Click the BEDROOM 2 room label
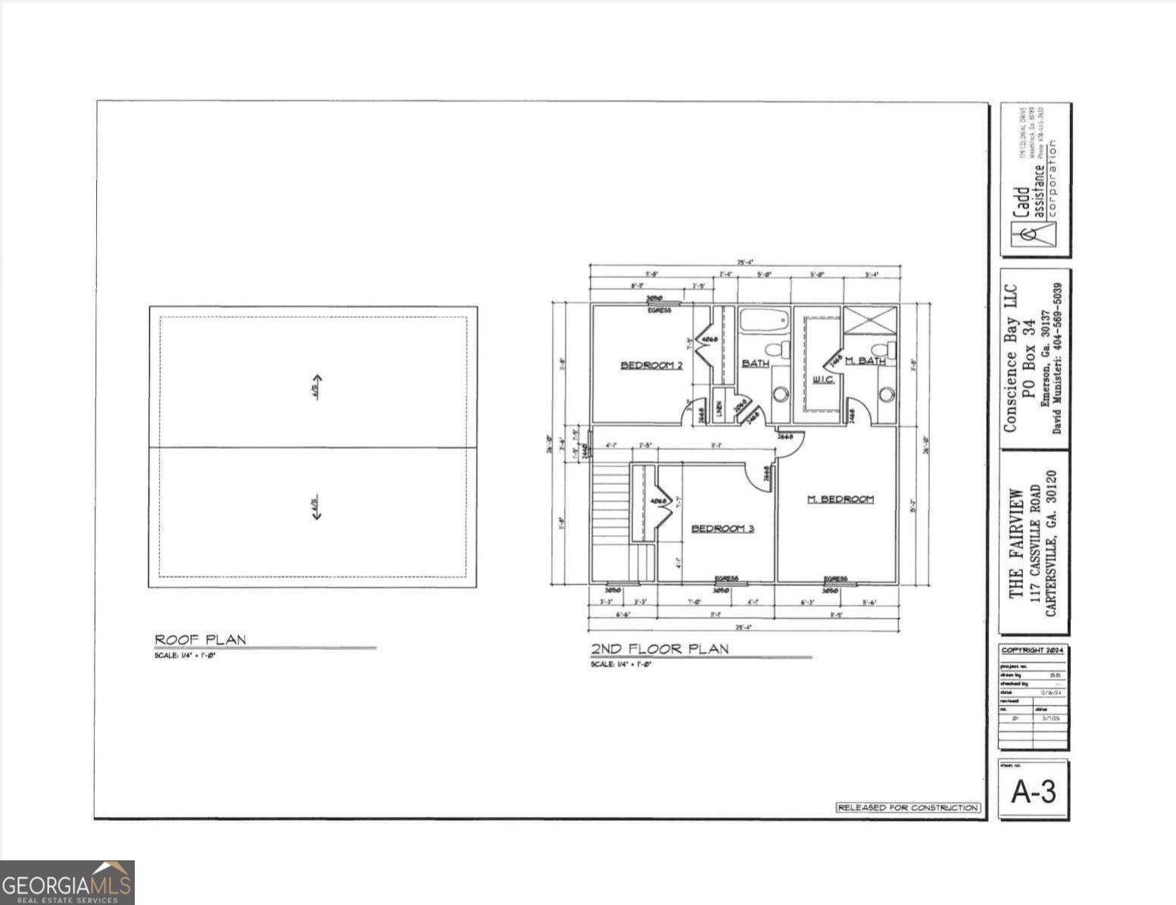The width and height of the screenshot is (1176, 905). (x=651, y=365)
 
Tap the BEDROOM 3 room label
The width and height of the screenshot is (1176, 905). (x=722, y=528)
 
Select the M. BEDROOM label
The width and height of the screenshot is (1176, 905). (x=840, y=498)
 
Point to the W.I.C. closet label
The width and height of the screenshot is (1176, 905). (x=823, y=379)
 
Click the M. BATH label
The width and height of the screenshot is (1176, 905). (x=865, y=360)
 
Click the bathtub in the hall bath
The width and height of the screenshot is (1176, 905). (x=764, y=320)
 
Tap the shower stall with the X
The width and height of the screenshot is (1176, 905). (x=870, y=320)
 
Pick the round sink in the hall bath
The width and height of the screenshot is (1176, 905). (x=781, y=394)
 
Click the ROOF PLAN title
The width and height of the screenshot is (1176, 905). (x=200, y=639)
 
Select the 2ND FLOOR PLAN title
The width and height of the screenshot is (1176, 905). (x=660, y=648)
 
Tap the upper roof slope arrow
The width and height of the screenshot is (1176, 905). (x=317, y=386)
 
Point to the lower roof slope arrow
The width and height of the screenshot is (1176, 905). (x=316, y=507)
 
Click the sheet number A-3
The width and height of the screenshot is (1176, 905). (x=1033, y=791)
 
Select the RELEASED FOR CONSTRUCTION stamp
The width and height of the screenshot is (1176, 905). (x=908, y=807)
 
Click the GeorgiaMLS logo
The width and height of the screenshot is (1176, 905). (x=67, y=882)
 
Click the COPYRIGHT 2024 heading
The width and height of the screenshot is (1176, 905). (x=1033, y=650)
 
